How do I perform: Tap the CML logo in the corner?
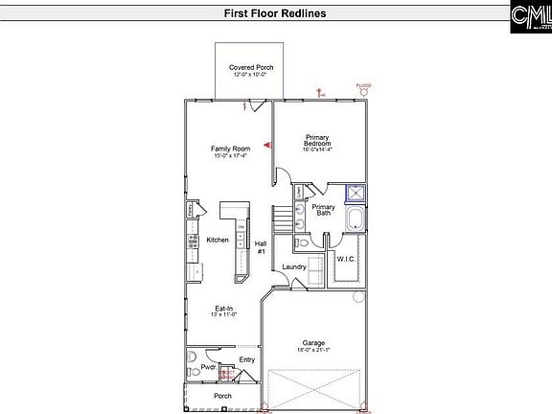click(527, 15)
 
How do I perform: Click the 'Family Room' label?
click(230, 149)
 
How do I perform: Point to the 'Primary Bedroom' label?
click(317, 140)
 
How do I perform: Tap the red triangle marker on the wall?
click(268, 145)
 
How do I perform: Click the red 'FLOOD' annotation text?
click(363, 85)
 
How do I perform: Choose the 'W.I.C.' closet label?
click(346, 259)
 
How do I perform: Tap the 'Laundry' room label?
click(293, 267)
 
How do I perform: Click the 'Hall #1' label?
click(260, 246)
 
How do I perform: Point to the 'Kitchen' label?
click(218, 240)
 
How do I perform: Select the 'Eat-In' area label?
click(224, 309)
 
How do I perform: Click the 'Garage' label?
click(313, 342)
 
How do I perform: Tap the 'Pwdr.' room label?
click(208, 366)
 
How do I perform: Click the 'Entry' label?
click(247, 360)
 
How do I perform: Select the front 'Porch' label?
click(222, 396)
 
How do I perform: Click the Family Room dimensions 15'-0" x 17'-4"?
click(230, 156)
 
